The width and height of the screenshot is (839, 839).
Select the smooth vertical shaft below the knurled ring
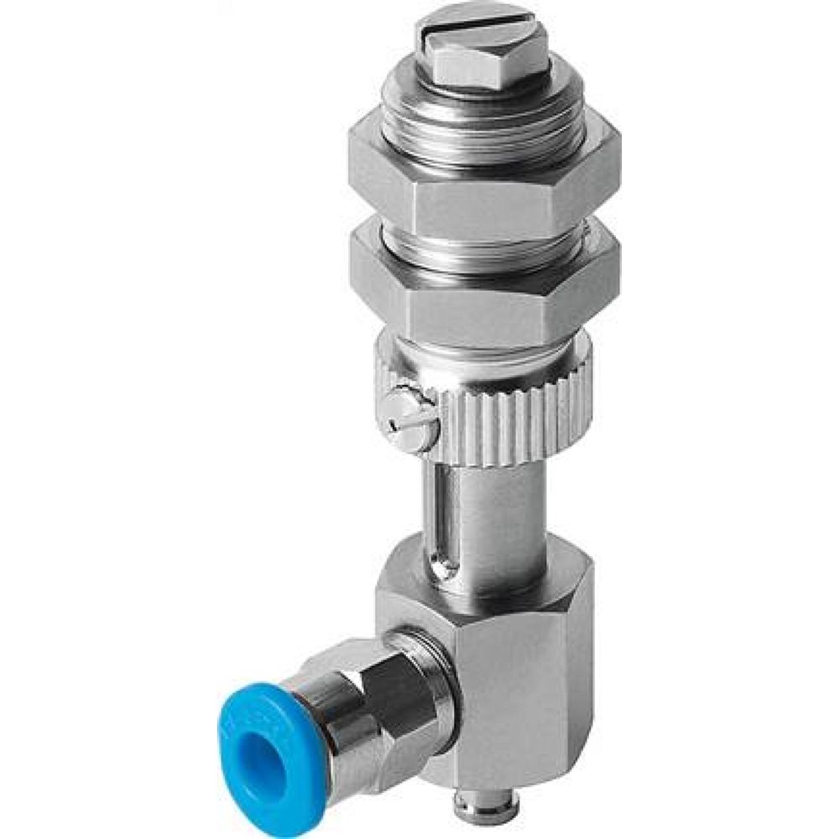(495, 512)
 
